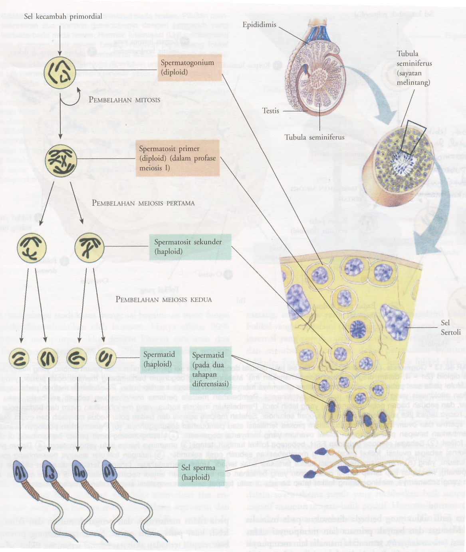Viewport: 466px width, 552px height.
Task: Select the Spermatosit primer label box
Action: pos(178,158)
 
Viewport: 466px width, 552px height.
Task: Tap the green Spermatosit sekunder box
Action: pos(190,247)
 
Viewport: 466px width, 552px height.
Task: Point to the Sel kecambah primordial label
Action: pos(63,16)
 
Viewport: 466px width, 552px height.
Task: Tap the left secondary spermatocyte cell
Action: pos(32,247)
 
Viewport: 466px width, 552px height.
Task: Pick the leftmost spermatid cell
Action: pos(18,358)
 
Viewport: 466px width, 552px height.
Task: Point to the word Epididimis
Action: pos(259,25)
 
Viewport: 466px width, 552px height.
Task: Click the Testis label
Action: pos(270,111)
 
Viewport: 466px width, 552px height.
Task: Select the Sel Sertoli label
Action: pos(450,327)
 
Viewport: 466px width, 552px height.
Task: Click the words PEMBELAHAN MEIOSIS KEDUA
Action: pos(164,299)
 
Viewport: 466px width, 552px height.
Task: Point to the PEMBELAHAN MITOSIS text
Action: pos(124,100)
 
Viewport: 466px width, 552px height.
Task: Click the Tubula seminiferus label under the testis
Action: pos(314,137)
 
